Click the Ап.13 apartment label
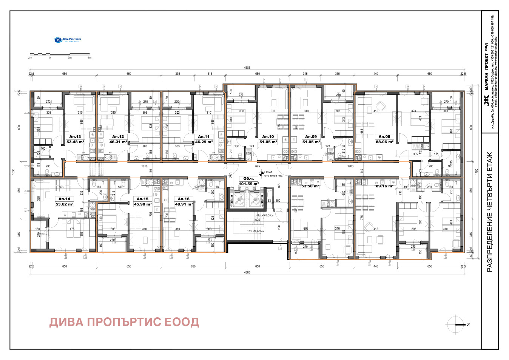(75, 137)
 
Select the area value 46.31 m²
(118, 142)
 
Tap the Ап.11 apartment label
(204, 137)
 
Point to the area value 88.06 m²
(384, 142)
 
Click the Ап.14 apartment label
(64, 199)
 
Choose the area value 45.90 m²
(143, 204)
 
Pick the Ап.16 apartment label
(184, 199)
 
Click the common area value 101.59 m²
(248, 184)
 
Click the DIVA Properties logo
(68, 40)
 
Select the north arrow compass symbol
(456, 324)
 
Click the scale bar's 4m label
(89, 58)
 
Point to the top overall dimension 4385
(247, 68)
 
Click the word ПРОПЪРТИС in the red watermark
(124, 322)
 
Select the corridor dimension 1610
(144, 166)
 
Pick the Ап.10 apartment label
(268, 137)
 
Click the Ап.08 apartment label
(384, 137)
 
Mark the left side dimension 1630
(13, 172)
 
